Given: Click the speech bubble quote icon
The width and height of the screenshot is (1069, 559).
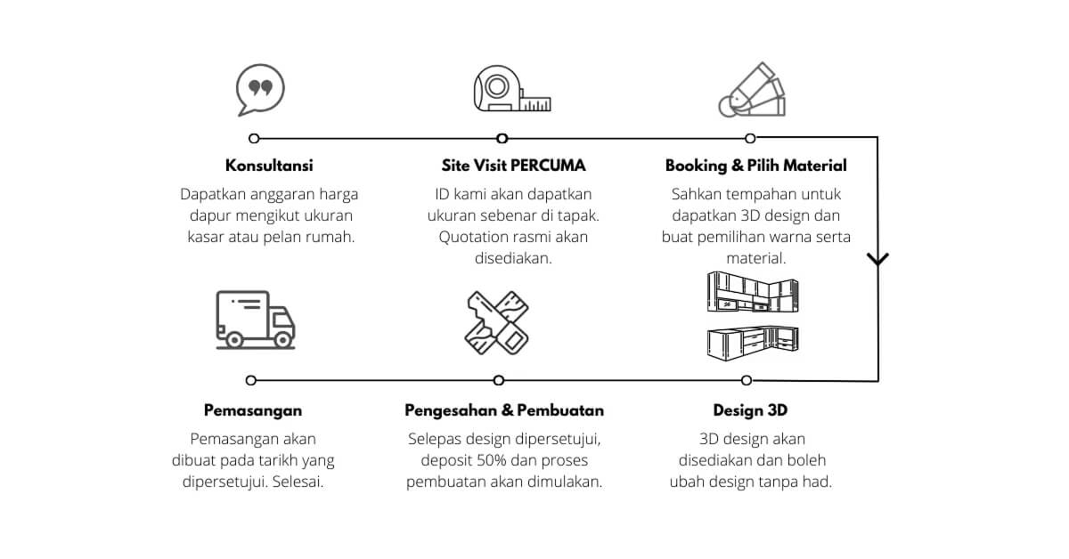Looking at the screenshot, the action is point(260,90).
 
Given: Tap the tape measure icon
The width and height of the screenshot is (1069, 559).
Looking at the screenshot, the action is point(512,89).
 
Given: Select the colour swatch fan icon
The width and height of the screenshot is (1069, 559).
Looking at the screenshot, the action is point(752,90).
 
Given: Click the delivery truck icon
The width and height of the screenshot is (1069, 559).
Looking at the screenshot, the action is point(256,320).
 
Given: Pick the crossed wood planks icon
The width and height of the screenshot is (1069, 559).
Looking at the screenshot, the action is point(497,323).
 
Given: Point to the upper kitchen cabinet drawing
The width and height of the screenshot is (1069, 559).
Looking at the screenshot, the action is point(753,292).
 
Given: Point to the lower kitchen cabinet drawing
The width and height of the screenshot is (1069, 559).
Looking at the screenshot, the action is point(753,343).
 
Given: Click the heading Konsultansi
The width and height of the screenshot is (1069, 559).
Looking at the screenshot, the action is point(269,166).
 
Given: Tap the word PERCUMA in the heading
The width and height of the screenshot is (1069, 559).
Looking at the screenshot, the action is point(548,166).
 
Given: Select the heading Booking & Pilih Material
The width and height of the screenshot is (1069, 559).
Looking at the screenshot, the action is point(756,166).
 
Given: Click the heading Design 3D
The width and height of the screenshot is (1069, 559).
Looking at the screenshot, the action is point(750,410).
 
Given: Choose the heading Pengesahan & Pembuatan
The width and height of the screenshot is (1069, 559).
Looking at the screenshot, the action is point(504,410).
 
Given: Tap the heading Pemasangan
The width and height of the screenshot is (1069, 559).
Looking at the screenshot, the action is point(253,410).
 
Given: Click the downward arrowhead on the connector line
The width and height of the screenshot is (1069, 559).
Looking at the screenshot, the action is point(877,259).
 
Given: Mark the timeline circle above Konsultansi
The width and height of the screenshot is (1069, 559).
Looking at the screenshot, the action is point(254,138).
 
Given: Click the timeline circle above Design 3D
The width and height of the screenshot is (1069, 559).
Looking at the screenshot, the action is point(747,380).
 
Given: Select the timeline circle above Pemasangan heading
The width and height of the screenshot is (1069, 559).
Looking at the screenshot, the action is point(251,380).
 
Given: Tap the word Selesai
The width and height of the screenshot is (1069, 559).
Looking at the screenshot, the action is point(298,482).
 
